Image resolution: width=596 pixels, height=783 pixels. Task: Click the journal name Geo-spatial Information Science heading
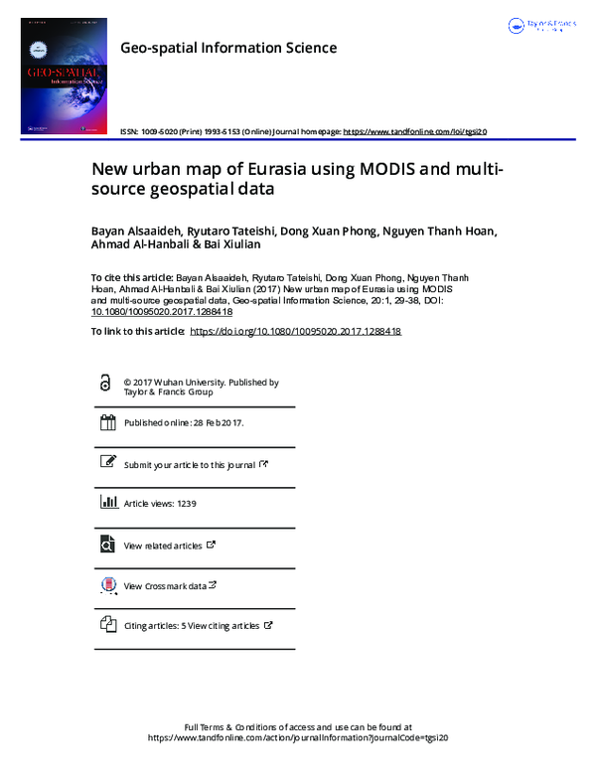pyautogui.click(x=227, y=48)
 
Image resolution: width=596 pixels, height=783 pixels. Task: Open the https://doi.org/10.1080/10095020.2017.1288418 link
pyautogui.click(x=294, y=331)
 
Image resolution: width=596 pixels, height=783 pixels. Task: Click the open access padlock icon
pyautogui.click(x=106, y=384)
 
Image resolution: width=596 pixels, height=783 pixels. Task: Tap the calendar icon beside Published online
pyautogui.click(x=107, y=423)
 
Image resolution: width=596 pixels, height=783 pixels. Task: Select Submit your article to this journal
pyautogui.click(x=189, y=464)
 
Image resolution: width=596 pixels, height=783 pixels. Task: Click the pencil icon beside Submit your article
pyautogui.click(x=107, y=463)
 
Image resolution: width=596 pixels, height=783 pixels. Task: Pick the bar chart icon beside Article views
pyautogui.click(x=107, y=503)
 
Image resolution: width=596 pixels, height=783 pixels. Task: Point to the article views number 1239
pyautogui.click(x=187, y=504)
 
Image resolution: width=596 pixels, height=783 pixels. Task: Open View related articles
pyautogui.click(x=163, y=546)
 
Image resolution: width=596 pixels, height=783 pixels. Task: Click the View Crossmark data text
pyautogui.click(x=165, y=586)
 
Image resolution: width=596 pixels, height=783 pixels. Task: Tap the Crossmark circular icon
pyautogui.click(x=107, y=585)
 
